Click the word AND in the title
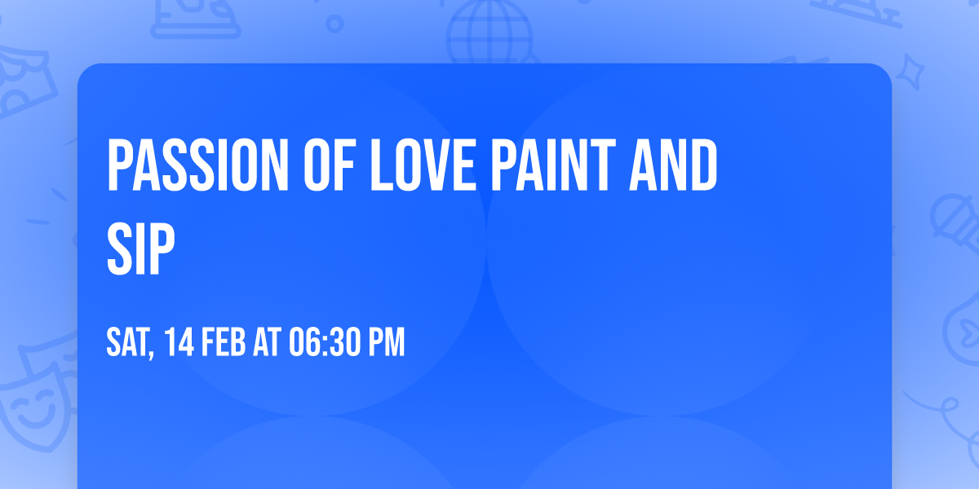pyautogui.click(x=679, y=166)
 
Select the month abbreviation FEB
pyautogui.click(x=222, y=343)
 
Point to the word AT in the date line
pyautogui.click(x=267, y=343)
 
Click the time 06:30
pyautogui.click(x=324, y=343)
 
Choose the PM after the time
pyautogui.click(x=386, y=343)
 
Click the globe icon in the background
pyautogui.click(x=487, y=33)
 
